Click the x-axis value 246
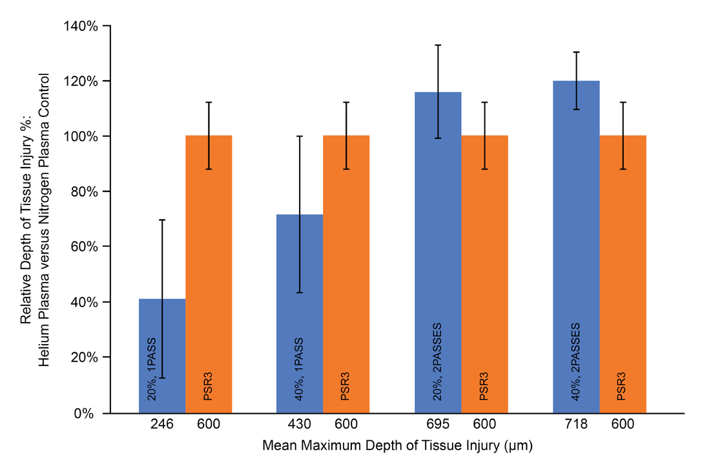click(162, 425)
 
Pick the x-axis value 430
click(300, 425)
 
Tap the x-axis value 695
click(438, 425)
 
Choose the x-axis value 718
click(576, 425)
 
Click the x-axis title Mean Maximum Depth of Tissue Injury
click(397, 446)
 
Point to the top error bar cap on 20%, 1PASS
click(162, 220)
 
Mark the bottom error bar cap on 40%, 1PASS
click(300, 293)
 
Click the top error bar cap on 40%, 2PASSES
click(576, 52)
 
